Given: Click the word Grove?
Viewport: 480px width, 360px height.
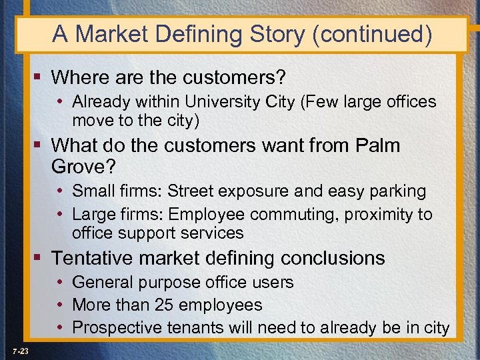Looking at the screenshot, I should (81, 164).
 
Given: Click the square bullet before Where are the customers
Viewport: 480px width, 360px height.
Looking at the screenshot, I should (41, 78).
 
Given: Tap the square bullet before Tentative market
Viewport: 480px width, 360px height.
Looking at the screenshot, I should (41, 258).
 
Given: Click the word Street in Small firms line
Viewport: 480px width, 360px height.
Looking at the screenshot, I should (189, 191).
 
